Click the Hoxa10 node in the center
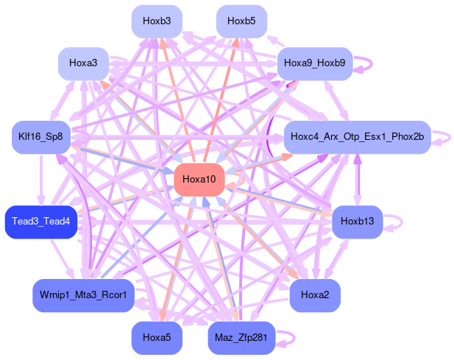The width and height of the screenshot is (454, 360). coord(199,180)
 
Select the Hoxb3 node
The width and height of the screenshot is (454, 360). coord(157,21)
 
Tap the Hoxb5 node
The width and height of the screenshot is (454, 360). coord(241,21)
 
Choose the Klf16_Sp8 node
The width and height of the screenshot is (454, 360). coord(40,137)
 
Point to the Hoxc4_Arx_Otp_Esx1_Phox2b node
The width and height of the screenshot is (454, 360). coord(357,137)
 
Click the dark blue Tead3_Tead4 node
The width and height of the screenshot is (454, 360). coord(40,222)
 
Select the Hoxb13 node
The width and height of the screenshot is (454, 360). coord(358,222)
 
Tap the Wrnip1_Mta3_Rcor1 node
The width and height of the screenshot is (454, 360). coord(83,295)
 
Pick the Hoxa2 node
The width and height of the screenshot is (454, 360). coord(315,295)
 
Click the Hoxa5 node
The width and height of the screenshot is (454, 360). coord(157,337)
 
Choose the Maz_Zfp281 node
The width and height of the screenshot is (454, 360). coord(241,337)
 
